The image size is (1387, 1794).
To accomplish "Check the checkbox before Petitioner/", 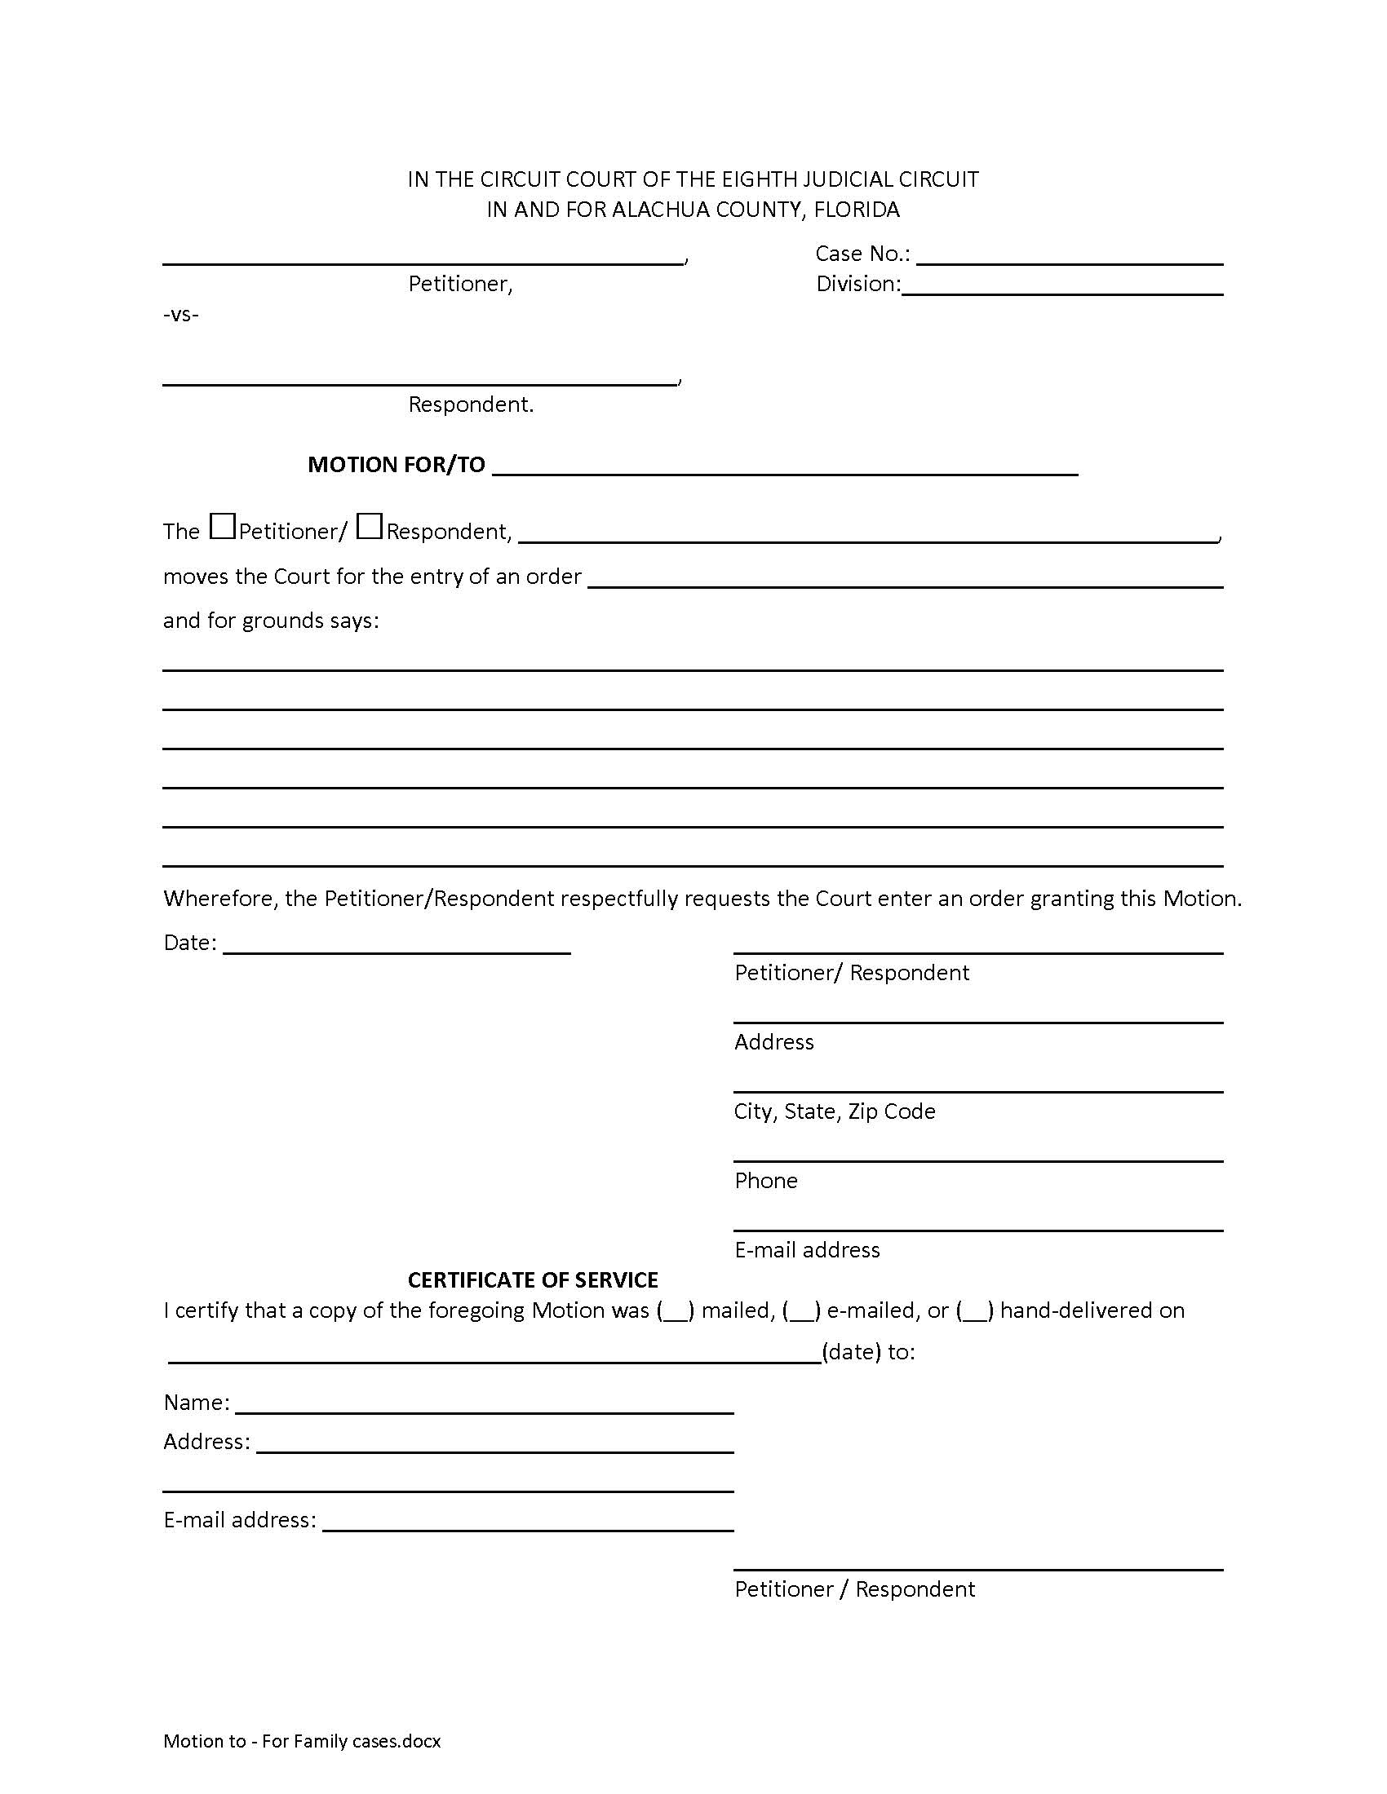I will (222, 526).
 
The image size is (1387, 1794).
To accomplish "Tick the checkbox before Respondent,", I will (370, 526).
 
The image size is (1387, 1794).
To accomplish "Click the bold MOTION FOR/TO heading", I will (396, 465).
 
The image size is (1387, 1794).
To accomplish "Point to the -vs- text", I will (181, 315).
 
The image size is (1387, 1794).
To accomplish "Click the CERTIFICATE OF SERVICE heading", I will (533, 1279).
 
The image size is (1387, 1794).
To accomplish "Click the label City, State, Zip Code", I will (834, 1111).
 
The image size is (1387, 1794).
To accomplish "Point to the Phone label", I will (766, 1181).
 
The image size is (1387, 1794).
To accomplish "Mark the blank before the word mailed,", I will (676, 1311).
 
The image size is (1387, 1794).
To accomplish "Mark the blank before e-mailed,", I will (801, 1311).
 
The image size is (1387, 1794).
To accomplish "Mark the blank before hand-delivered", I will (974, 1311).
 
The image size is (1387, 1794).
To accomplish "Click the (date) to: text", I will (868, 1352).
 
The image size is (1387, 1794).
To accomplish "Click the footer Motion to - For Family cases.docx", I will (302, 1741).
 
